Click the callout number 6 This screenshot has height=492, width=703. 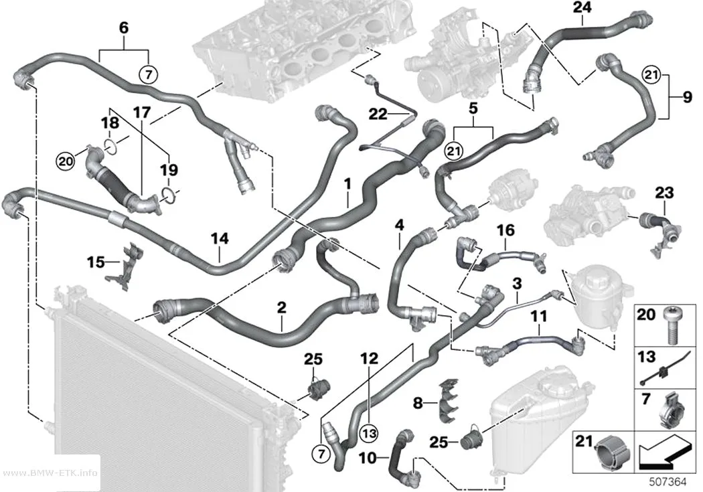[x=124, y=28]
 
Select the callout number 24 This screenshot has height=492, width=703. [x=582, y=7]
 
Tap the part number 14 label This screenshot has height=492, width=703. [x=220, y=238]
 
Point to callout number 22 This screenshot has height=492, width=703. [x=378, y=114]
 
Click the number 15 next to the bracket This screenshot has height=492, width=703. [x=96, y=262]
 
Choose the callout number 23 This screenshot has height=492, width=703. [x=664, y=193]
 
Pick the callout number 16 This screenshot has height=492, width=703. [x=505, y=230]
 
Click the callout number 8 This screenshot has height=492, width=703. [x=417, y=403]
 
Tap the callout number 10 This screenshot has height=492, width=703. [x=368, y=458]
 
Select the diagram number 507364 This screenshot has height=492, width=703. [x=668, y=482]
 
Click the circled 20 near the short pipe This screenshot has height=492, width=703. [x=66, y=161]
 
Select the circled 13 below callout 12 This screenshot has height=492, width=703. [x=369, y=433]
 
